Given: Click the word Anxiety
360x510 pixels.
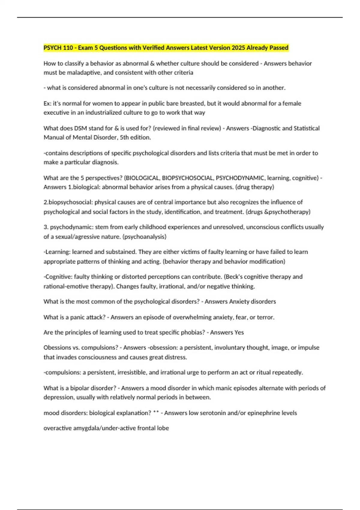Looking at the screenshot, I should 239,301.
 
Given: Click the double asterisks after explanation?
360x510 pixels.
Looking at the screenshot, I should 156,413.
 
